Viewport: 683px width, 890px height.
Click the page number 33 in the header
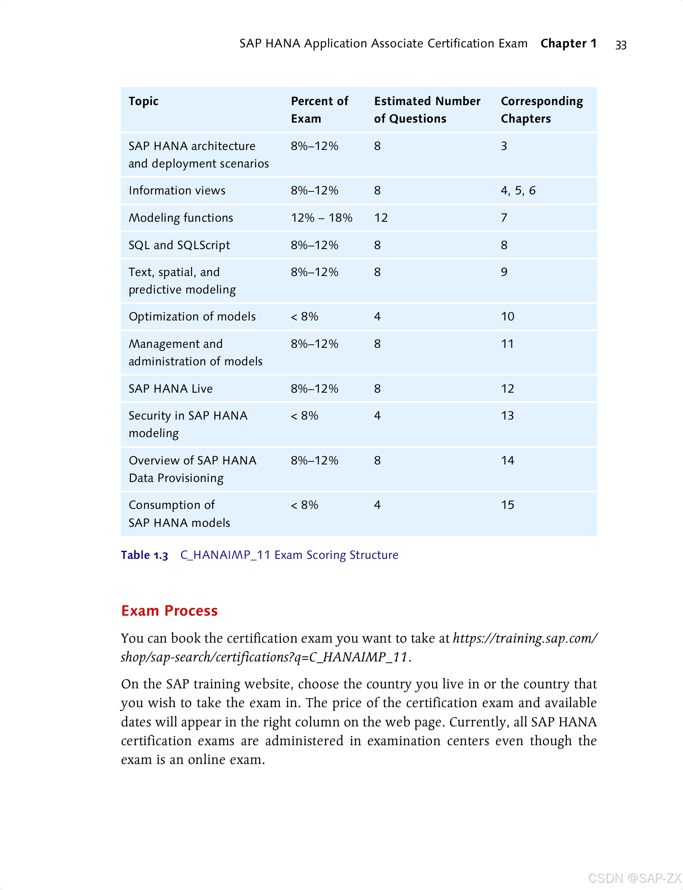(x=621, y=45)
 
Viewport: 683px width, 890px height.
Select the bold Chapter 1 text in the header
(x=568, y=44)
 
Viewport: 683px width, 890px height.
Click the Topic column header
(x=143, y=101)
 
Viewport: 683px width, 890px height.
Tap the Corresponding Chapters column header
(x=542, y=110)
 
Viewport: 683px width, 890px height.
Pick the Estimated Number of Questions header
(x=427, y=110)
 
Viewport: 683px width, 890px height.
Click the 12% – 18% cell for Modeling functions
(x=321, y=218)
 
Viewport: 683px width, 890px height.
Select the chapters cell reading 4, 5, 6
(x=518, y=191)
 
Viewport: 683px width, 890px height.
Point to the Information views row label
(x=177, y=191)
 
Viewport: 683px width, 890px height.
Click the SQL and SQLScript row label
(x=179, y=245)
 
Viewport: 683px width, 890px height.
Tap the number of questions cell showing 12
(x=381, y=218)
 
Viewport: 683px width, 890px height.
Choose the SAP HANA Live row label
(x=170, y=389)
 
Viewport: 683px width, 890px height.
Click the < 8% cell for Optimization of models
(x=304, y=317)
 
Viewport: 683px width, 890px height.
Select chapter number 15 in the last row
(x=507, y=505)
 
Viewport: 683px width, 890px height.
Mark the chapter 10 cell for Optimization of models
(x=507, y=317)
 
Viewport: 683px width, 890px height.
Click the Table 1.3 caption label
(x=144, y=555)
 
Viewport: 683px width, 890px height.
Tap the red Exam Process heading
(x=169, y=611)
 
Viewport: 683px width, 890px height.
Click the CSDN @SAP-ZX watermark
(x=634, y=878)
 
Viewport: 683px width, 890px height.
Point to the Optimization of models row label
(x=192, y=317)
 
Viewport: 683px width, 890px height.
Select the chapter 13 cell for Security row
(x=507, y=416)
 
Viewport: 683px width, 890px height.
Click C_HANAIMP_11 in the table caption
(x=225, y=555)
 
